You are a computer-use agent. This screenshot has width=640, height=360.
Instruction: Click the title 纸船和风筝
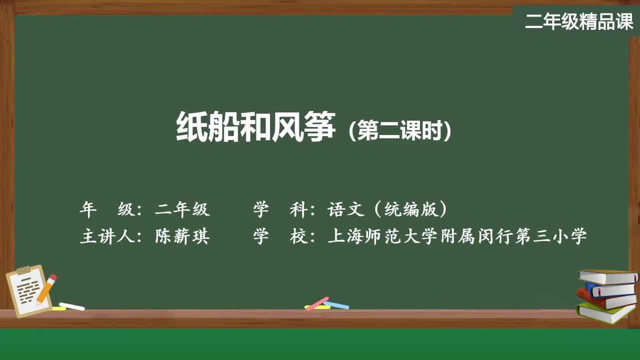pyautogui.click(x=255, y=126)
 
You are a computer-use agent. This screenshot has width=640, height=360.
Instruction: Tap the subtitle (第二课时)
pyautogui.click(x=400, y=131)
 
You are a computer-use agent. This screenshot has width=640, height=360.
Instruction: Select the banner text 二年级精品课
pyautogui.click(x=579, y=21)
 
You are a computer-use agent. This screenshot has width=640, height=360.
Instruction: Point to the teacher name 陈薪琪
pyautogui.click(x=182, y=236)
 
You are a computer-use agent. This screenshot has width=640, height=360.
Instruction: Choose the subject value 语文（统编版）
pyautogui.click(x=387, y=209)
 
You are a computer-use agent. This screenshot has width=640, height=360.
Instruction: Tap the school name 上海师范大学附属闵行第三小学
pyautogui.click(x=456, y=236)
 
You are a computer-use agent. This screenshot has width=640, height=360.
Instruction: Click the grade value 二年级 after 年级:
pyautogui.click(x=182, y=209)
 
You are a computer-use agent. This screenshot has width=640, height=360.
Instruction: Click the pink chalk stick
pyautogui.click(x=317, y=303)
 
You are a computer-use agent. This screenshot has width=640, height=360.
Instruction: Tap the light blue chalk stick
pyautogui.click(x=336, y=304)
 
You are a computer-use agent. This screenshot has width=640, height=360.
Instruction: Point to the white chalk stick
pyautogui.click(x=72, y=306)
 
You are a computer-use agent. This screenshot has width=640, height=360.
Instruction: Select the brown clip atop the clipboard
pyautogui.click(x=24, y=270)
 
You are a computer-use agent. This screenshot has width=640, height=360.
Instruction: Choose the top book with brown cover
pyautogui.click(x=607, y=276)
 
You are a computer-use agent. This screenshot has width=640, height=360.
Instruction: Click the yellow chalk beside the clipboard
pyautogui.click(x=58, y=308)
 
